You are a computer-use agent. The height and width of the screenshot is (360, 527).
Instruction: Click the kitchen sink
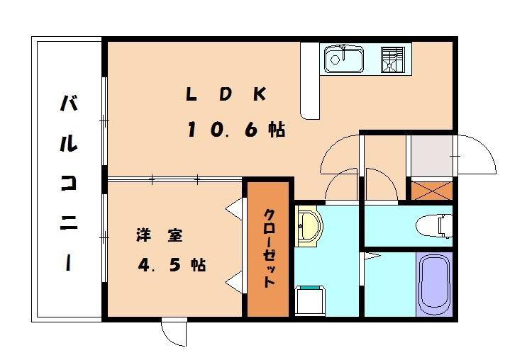click(344, 60)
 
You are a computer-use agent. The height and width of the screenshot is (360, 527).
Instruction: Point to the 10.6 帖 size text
click(236, 130)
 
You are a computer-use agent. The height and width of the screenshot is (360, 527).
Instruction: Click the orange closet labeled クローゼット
click(269, 248)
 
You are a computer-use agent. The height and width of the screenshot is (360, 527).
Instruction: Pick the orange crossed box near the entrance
click(431, 191)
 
